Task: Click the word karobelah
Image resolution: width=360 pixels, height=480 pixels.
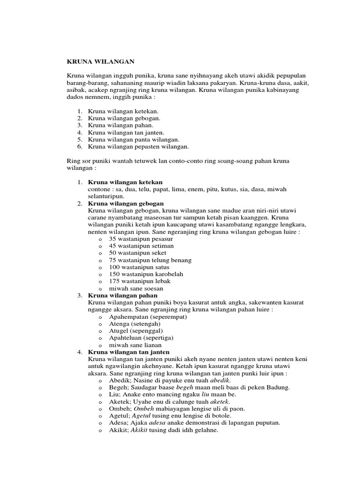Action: click(x=168, y=274)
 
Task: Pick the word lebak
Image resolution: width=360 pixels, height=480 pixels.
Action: click(x=161, y=281)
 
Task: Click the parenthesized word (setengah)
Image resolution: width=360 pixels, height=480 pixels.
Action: click(x=146, y=323)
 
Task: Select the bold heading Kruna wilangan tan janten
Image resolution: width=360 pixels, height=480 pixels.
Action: click(x=129, y=352)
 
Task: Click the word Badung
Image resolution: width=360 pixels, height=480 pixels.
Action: click(x=277, y=387)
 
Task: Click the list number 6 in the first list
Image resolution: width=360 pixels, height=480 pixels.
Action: click(x=80, y=147)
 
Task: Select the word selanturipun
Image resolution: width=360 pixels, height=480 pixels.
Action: click(x=107, y=196)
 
